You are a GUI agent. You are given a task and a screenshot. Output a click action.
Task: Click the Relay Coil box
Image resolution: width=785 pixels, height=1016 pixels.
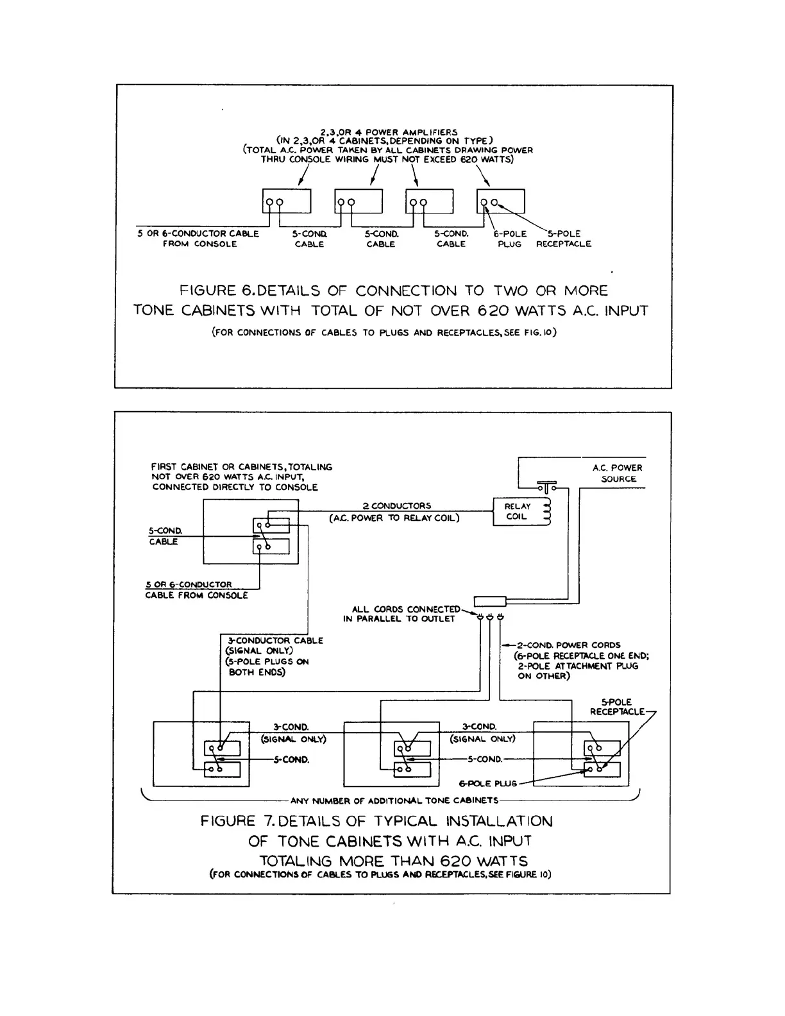(521, 512)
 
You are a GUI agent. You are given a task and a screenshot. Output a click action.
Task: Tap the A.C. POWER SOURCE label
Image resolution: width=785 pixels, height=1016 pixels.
(617, 473)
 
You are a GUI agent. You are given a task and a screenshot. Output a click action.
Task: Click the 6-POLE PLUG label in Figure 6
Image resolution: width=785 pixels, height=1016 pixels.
(510, 239)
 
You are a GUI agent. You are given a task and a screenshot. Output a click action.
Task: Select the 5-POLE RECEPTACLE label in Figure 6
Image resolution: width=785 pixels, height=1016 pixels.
(563, 239)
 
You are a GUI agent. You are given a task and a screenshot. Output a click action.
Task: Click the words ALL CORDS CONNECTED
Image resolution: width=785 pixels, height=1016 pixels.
(406, 609)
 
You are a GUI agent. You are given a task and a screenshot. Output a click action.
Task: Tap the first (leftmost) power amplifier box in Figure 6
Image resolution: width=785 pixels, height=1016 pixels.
(287, 201)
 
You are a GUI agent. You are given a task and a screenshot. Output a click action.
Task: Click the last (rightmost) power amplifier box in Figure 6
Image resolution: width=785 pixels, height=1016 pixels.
(501, 201)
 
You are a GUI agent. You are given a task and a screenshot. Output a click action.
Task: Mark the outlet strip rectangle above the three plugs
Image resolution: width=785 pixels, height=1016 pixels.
(489, 601)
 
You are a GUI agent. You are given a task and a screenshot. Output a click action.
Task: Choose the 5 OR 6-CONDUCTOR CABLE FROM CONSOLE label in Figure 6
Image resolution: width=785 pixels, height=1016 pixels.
(198, 239)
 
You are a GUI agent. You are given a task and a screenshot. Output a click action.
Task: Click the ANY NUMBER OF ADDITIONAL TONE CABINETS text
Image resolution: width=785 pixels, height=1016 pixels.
(394, 800)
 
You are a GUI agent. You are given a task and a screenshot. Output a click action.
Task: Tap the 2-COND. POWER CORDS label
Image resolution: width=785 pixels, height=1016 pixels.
(568, 645)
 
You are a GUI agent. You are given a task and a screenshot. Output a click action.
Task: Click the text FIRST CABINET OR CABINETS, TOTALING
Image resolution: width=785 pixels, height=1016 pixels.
(242, 467)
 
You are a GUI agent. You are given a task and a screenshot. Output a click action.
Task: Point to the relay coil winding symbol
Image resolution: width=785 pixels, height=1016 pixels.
(546, 512)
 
